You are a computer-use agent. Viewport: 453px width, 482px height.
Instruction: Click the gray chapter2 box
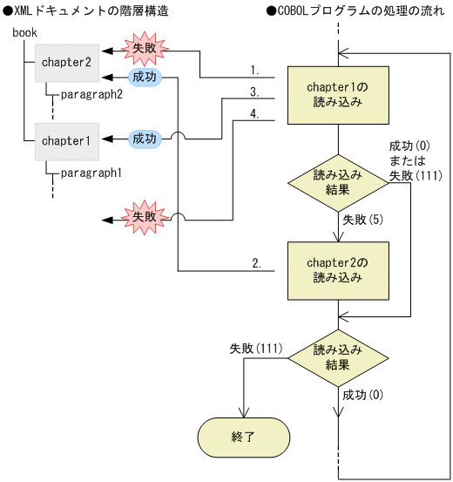(67, 63)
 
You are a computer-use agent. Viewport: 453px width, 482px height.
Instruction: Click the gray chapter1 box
(67, 139)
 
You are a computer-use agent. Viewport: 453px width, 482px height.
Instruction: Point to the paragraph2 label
(91, 94)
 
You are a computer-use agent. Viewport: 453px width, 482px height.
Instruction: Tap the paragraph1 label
(91, 172)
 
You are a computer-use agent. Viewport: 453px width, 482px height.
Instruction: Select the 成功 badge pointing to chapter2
(145, 78)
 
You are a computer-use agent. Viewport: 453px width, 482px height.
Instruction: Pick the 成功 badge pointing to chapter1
(145, 139)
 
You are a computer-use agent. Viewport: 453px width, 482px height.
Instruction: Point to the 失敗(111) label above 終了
(255, 349)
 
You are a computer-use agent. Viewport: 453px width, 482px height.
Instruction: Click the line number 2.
(257, 261)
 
